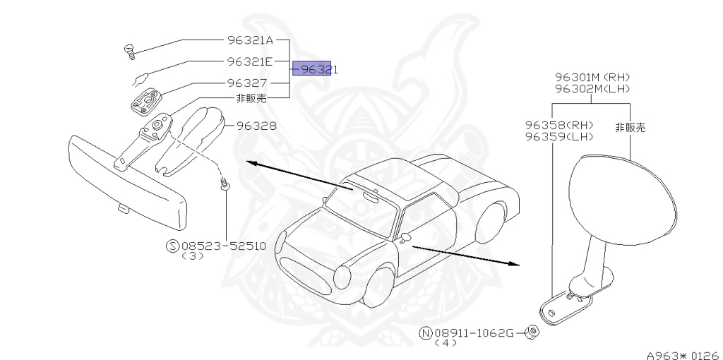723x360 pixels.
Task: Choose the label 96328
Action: tap(256, 127)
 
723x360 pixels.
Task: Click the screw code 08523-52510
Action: tap(223, 246)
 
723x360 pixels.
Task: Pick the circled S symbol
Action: tap(172, 246)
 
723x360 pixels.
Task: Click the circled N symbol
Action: tap(425, 332)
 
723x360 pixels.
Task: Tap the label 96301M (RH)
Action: tap(592, 77)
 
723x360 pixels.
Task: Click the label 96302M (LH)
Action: tap(592, 88)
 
